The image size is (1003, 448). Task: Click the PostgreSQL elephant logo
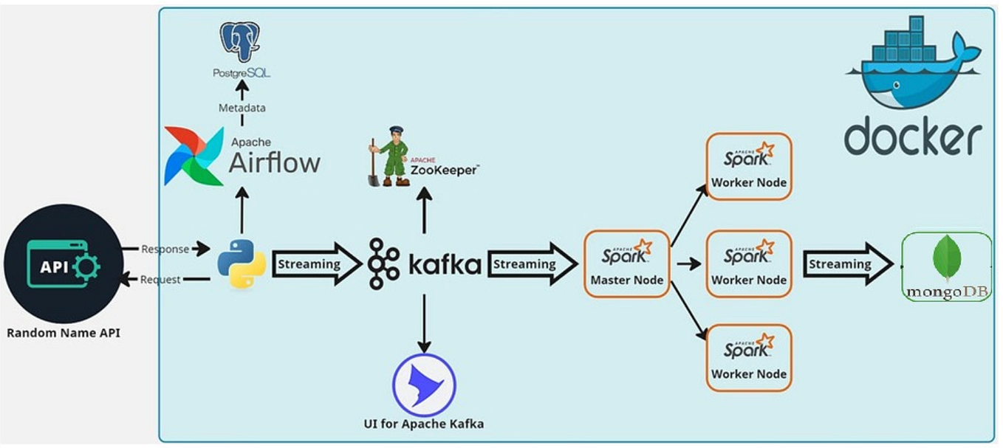pyautogui.click(x=240, y=41)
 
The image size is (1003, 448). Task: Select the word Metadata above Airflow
pyautogui.click(x=242, y=108)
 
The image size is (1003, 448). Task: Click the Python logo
pyautogui.click(x=242, y=263)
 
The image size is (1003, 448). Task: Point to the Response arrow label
pyautogui.click(x=165, y=249)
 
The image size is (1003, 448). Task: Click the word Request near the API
pyautogui.click(x=160, y=280)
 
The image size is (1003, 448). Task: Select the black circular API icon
pyautogui.click(x=63, y=263)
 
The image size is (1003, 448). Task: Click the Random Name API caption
pyautogui.click(x=63, y=333)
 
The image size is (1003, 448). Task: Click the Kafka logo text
pyautogui.click(x=444, y=264)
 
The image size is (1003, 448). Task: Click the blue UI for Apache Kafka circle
pyautogui.click(x=424, y=385)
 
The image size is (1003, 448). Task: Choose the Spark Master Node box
pyautogui.click(x=626, y=263)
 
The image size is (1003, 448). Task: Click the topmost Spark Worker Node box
pyautogui.click(x=748, y=166)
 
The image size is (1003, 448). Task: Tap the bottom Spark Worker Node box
pyautogui.click(x=748, y=358)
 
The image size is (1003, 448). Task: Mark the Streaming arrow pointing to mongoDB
pyautogui.click(x=847, y=264)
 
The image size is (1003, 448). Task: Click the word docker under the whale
pyautogui.click(x=913, y=137)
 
